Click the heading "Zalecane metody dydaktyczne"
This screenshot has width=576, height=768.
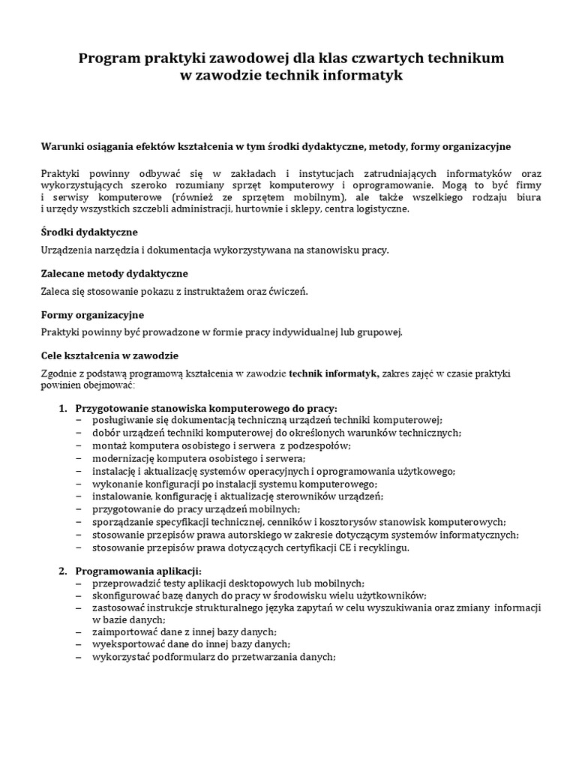pos(114,273)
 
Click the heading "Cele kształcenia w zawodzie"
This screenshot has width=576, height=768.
pos(109,355)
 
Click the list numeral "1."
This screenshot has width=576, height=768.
pos(63,407)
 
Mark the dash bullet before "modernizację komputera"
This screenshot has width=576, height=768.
pos(79,458)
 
